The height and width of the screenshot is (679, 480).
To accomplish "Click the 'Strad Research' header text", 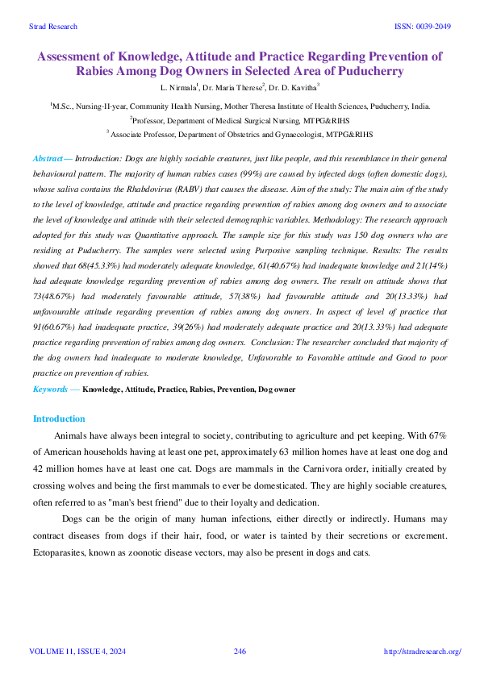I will pos(52,27).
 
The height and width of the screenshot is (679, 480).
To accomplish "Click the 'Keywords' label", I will pos(50,389).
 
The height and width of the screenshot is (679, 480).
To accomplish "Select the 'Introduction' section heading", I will pos(58,419).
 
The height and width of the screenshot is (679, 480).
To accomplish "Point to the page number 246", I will pos(240,652).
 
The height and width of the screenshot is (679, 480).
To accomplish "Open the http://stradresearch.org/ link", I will pos(421,652).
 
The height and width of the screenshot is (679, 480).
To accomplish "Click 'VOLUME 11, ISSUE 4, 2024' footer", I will pos(76,652).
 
